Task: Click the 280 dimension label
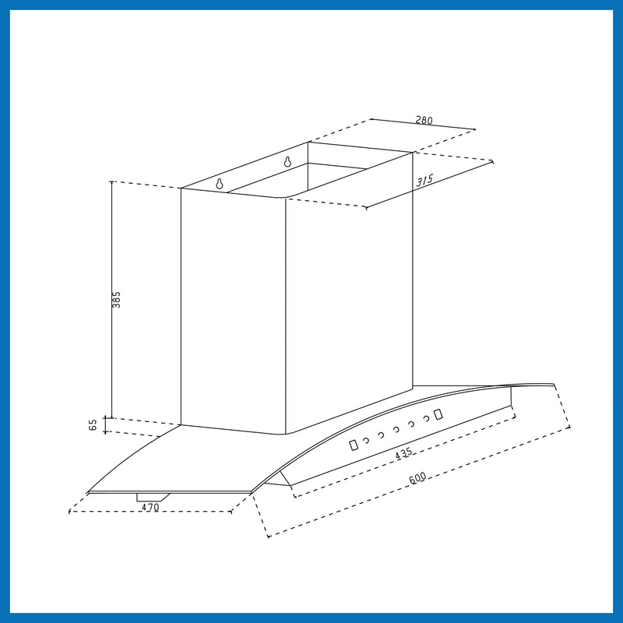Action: [x=424, y=121]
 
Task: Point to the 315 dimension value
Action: [x=424, y=181]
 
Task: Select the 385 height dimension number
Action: [x=117, y=300]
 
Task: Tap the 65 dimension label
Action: [x=93, y=425]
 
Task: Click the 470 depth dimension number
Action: [x=150, y=507]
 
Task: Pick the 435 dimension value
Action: [x=403, y=453]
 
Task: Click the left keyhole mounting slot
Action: [x=219, y=184]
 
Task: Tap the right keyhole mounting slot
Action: [x=287, y=162]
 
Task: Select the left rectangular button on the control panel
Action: [x=354, y=445]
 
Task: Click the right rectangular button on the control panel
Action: [x=438, y=414]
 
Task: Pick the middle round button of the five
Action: [x=396, y=429]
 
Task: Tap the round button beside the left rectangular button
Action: [x=367, y=440]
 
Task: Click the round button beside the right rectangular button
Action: [x=425, y=419]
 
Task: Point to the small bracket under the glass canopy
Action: [x=153, y=496]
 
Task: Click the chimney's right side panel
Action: [x=348, y=296]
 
